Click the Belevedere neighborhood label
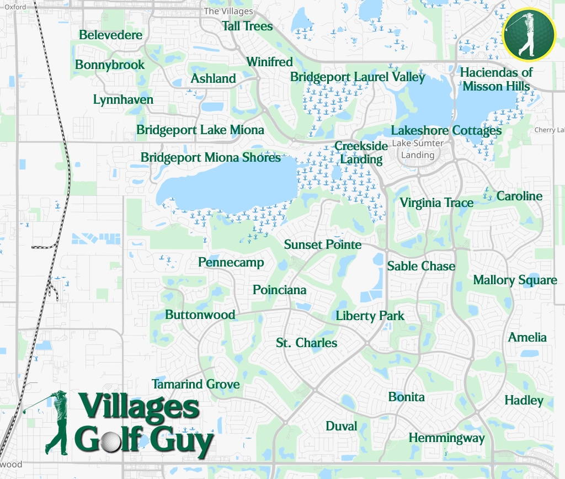tap(110, 35)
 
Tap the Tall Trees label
tap(247, 26)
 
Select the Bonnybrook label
tap(110, 65)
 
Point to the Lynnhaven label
tap(123, 100)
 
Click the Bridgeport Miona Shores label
tap(210, 158)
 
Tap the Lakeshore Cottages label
tap(446, 131)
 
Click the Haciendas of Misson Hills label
tap(496, 79)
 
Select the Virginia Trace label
tap(436, 203)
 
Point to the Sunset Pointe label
tap(323, 244)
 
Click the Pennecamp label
tap(231, 263)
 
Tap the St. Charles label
tap(306, 343)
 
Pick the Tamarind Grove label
tap(196, 385)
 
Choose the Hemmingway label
tap(446, 439)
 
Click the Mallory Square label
tap(515, 280)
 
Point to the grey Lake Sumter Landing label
tap(418, 150)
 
